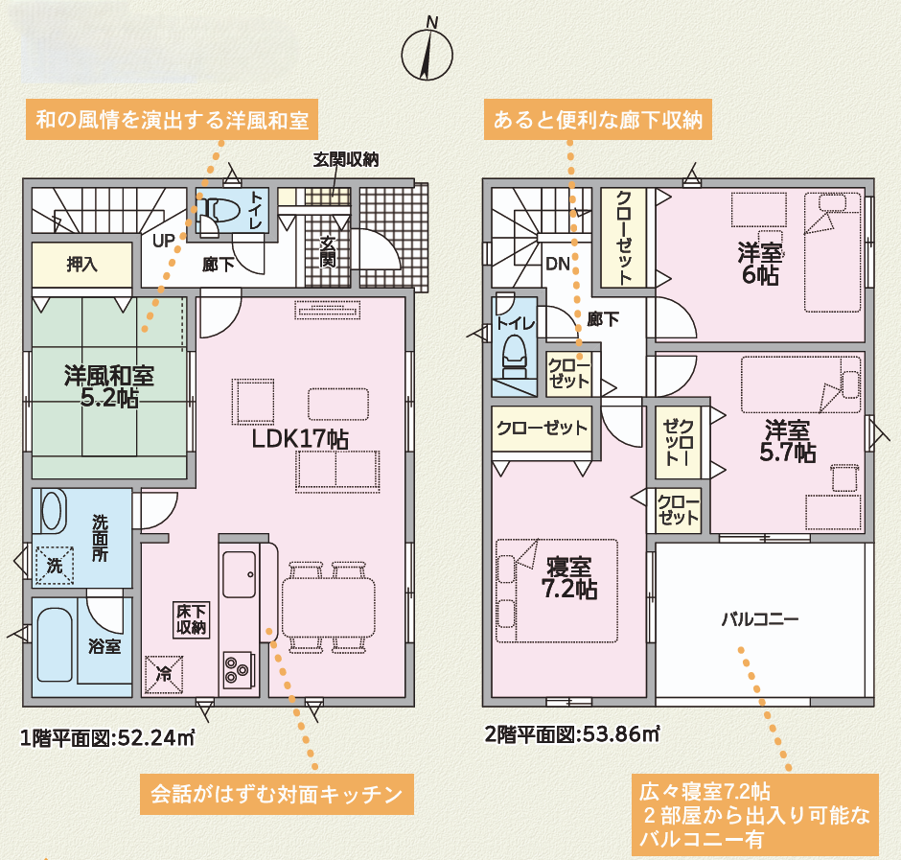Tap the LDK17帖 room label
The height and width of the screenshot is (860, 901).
click(x=299, y=439)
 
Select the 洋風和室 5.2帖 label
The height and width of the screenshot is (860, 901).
click(x=109, y=386)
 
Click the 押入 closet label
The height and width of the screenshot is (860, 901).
click(x=82, y=264)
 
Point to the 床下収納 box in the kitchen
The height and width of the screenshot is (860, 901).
click(x=192, y=619)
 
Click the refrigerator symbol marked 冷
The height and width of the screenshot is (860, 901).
click(x=164, y=674)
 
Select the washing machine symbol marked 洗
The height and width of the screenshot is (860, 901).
click(x=54, y=565)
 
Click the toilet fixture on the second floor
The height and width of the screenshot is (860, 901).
click(x=515, y=357)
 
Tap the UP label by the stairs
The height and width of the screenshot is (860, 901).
click(x=163, y=241)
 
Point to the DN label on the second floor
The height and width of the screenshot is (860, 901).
click(x=558, y=264)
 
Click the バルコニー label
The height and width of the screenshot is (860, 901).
click(x=760, y=619)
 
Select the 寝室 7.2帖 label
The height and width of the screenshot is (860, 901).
click(x=569, y=578)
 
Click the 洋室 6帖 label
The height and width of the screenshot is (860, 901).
click(x=760, y=264)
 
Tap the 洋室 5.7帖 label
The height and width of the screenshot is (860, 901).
click(x=788, y=441)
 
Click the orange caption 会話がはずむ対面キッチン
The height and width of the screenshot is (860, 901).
click(x=277, y=795)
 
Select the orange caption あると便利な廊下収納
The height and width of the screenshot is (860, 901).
click(x=597, y=120)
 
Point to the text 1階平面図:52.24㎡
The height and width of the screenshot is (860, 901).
click(x=107, y=737)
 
